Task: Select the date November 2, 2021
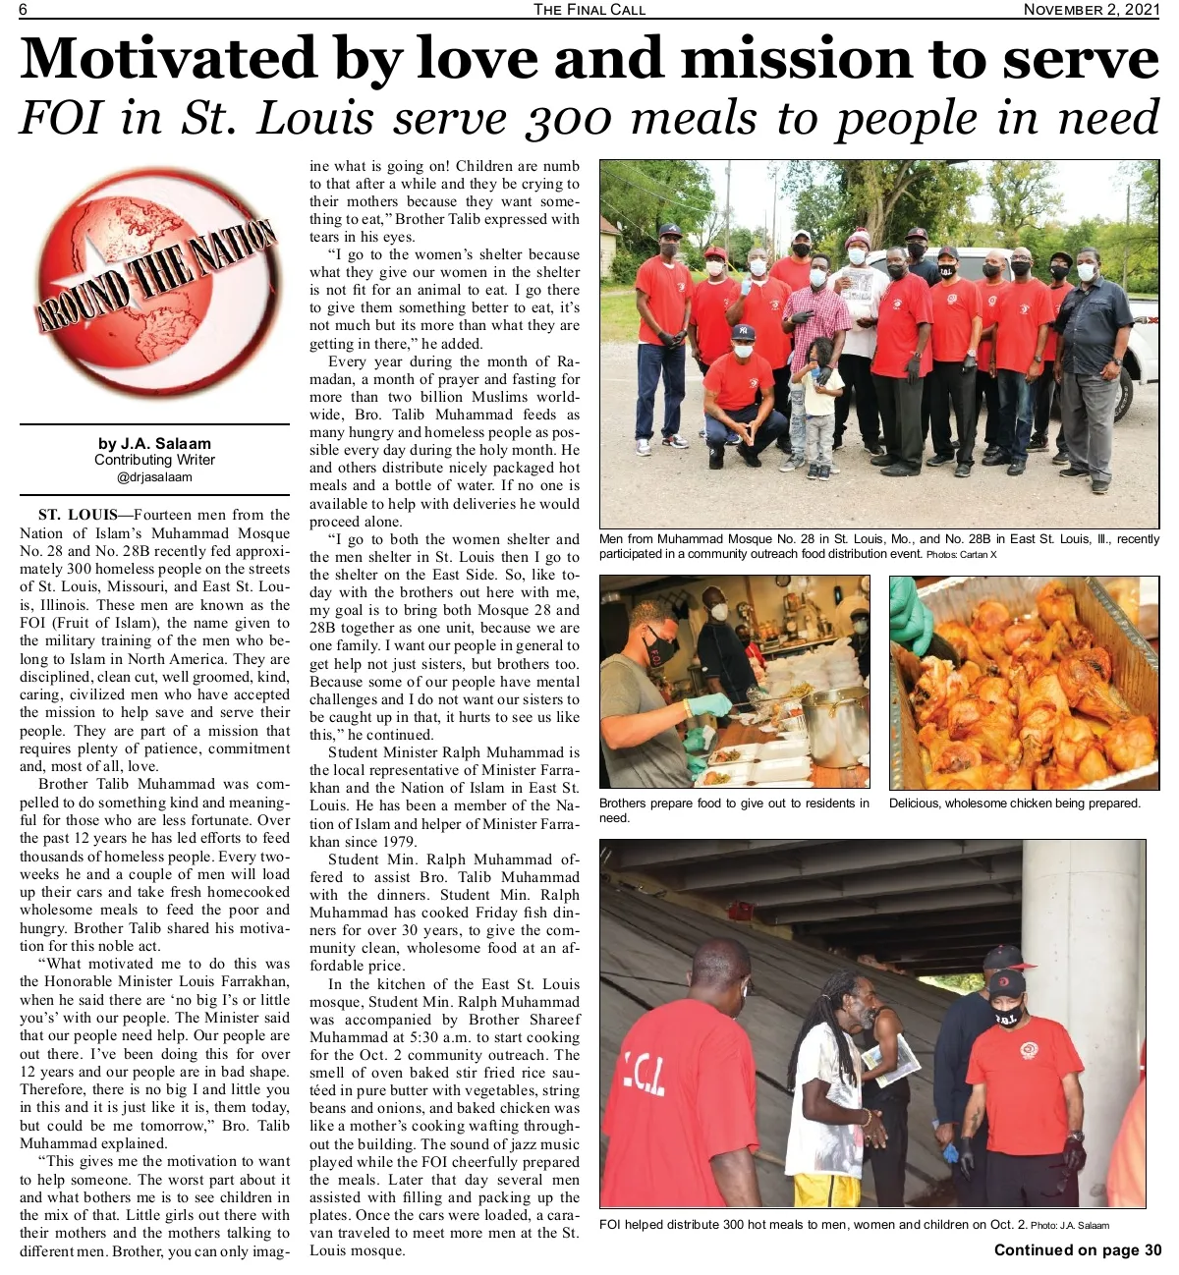pyautogui.click(x=1091, y=9)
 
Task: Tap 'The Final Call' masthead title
pyautogui.click(x=589, y=9)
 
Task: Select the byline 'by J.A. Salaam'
pyautogui.click(x=154, y=444)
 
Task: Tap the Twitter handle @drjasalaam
pyautogui.click(x=154, y=477)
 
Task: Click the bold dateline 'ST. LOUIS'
pyautogui.click(x=79, y=515)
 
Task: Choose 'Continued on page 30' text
pyautogui.click(x=1077, y=1250)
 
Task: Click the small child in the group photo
pyautogui.click(x=817, y=408)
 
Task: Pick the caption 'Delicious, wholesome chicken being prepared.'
pyautogui.click(x=1014, y=804)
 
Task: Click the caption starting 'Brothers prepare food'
pyautogui.click(x=733, y=810)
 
